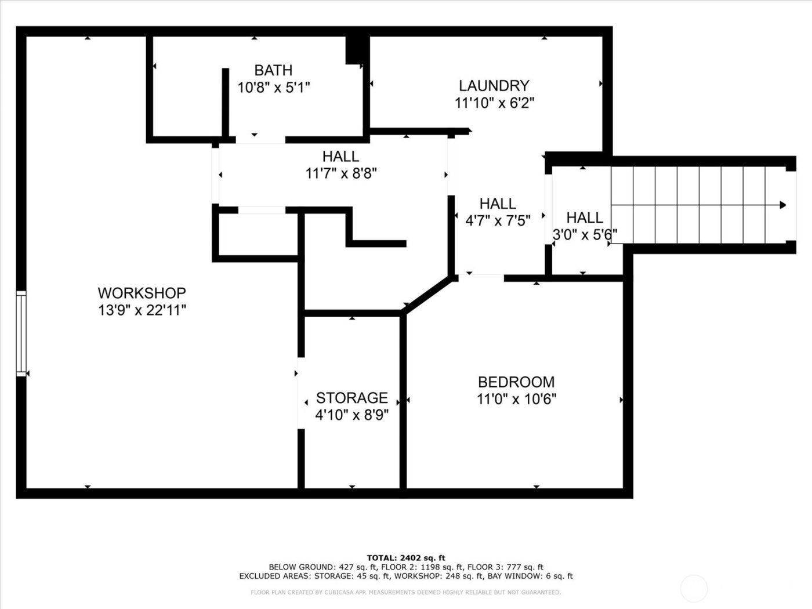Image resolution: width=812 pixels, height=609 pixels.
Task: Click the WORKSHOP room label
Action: (x=142, y=293)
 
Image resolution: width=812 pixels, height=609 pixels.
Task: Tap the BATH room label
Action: (x=273, y=71)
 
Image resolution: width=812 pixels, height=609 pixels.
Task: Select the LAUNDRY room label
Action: (x=494, y=86)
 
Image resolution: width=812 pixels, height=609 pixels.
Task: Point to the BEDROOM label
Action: (x=516, y=382)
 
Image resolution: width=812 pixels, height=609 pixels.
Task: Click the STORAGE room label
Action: (x=351, y=398)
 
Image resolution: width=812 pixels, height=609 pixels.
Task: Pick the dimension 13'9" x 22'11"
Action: (x=142, y=310)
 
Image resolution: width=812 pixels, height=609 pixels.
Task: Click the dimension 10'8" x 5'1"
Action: (x=274, y=88)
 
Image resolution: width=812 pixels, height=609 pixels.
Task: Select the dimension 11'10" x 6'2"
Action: (x=494, y=103)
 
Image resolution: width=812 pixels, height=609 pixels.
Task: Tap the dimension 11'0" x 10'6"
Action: (x=516, y=399)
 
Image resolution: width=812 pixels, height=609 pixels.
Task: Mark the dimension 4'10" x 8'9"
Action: (x=351, y=415)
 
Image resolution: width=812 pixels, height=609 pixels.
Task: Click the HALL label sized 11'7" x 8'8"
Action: (x=340, y=157)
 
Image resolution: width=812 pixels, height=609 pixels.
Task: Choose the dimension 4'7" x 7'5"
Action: (x=498, y=220)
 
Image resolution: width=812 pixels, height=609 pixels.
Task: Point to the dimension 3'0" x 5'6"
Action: (x=584, y=235)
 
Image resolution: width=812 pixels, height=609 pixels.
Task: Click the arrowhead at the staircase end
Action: (x=782, y=205)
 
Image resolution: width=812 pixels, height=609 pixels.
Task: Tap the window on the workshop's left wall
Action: (x=21, y=333)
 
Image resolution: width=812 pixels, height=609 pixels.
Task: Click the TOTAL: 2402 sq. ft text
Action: (x=405, y=558)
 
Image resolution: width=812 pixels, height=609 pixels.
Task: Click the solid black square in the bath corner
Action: (x=354, y=50)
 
